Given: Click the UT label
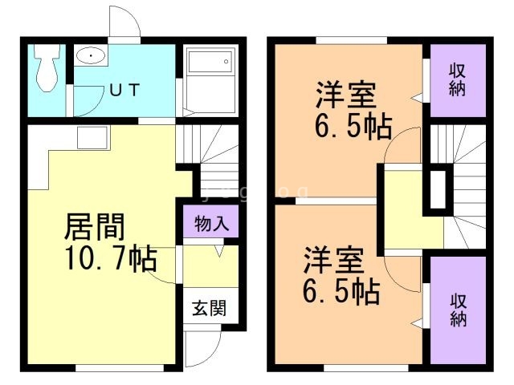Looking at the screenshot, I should point(124,90).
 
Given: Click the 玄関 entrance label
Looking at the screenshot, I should point(209,306).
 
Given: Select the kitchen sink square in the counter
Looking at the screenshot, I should point(87,137).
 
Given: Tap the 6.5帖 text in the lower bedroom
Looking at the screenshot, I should point(341,292).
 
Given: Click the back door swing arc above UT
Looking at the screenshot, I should point(126,22).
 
